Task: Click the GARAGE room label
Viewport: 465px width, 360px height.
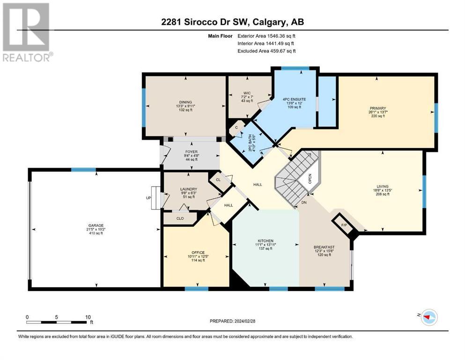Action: (96, 225)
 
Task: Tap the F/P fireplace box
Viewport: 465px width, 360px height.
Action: (344, 225)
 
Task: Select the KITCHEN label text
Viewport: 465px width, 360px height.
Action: (266, 240)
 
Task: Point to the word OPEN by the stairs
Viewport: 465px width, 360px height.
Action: (310, 179)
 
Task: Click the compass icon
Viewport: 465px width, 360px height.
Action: (429, 317)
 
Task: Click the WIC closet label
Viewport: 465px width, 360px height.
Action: (247, 93)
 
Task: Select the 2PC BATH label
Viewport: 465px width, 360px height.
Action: (250, 143)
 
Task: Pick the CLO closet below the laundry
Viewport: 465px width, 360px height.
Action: (180, 218)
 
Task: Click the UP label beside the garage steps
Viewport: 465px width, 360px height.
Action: (148, 198)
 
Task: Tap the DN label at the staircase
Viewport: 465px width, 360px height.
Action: (303, 202)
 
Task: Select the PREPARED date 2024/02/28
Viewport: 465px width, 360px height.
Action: (244, 321)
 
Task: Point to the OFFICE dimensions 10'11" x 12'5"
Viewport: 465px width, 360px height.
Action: (198, 256)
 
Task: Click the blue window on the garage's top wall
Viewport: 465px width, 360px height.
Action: (83, 170)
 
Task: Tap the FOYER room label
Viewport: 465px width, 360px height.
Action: (192, 152)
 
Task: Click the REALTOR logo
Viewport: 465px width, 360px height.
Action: (26, 32)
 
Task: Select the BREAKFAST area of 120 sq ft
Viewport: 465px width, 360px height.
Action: (324, 255)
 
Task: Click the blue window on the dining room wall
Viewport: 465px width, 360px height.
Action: (144, 107)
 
